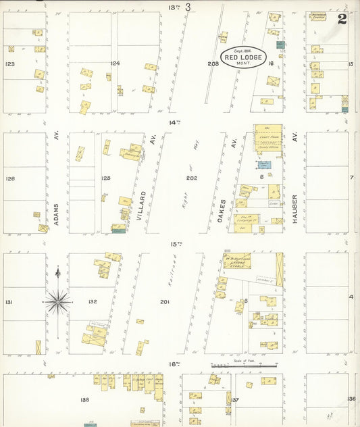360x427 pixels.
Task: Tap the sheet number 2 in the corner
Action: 343,18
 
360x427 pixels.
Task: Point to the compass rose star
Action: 58,301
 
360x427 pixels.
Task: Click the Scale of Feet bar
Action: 243,366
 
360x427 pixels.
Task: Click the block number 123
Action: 9,64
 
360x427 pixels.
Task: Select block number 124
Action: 115,64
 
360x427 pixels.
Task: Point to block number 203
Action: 213,64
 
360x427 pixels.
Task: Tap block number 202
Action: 192,178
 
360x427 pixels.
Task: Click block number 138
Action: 84,400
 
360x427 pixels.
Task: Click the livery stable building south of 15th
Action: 238,261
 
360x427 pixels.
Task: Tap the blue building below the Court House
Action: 265,164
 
